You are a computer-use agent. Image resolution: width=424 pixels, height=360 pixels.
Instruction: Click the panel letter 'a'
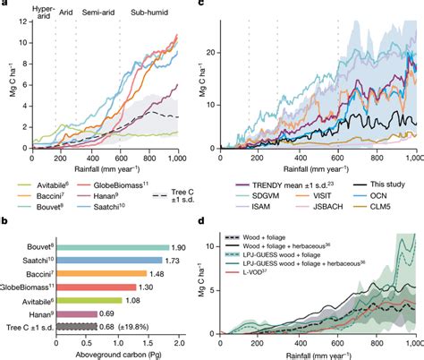[x=5, y=5]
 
